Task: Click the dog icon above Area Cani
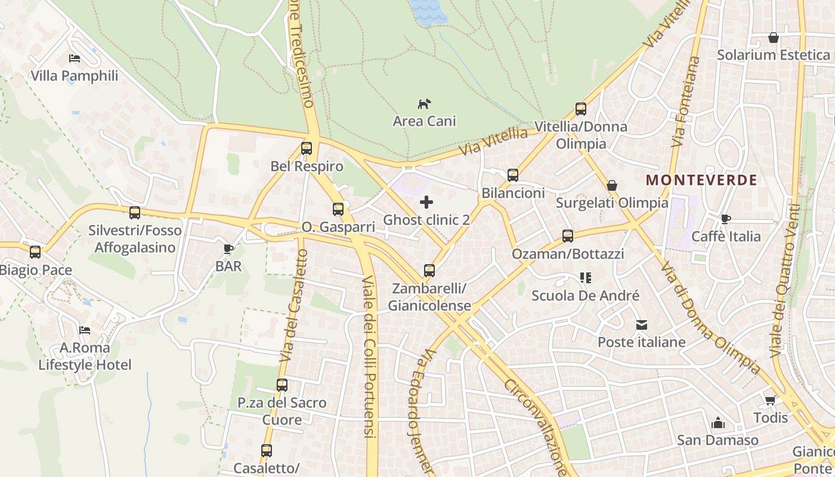pos(424,104)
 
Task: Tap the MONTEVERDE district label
pos(701,180)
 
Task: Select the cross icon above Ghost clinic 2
pos(426,203)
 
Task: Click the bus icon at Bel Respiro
pos(307,148)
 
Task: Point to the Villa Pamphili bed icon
pos(75,58)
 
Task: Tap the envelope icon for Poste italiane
pos(642,325)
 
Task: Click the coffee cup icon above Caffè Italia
pos(726,219)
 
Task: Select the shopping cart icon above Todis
pos(771,400)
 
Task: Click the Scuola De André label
pos(585,296)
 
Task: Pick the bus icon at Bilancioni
pos(513,175)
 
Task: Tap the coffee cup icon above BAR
pos(228,249)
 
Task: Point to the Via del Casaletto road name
pos(294,305)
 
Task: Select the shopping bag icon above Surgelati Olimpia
pos(612,185)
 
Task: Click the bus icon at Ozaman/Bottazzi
pos(567,236)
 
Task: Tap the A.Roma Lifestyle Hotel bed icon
pos(85,330)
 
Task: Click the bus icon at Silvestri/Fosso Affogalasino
pos(135,212)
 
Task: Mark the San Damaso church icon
pos(718,423)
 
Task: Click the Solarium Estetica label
pos(773,55)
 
